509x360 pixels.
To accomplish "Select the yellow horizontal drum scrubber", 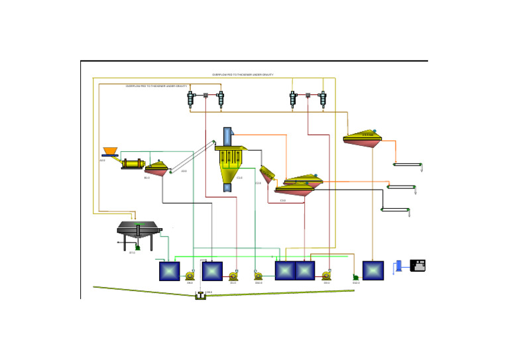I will (132, 163).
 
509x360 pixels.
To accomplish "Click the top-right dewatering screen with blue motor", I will (363, 137).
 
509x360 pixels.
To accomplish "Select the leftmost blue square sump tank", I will (170, 271).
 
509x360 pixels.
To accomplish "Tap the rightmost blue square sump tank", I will (373, 270).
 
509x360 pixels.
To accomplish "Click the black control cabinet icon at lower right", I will (418, 265).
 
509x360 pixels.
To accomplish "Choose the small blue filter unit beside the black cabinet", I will (398, 266).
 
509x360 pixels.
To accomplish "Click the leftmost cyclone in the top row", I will (191, 99).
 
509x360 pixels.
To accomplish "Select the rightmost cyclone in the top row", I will (323, 99).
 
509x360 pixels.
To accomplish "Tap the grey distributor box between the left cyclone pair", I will (206, 97).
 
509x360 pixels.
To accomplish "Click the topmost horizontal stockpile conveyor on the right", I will (408, 164).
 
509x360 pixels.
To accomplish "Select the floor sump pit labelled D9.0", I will (200, 296).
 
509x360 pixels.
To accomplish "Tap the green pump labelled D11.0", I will (356, 277).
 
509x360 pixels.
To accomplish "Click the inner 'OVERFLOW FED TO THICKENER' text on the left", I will (156, 86).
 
